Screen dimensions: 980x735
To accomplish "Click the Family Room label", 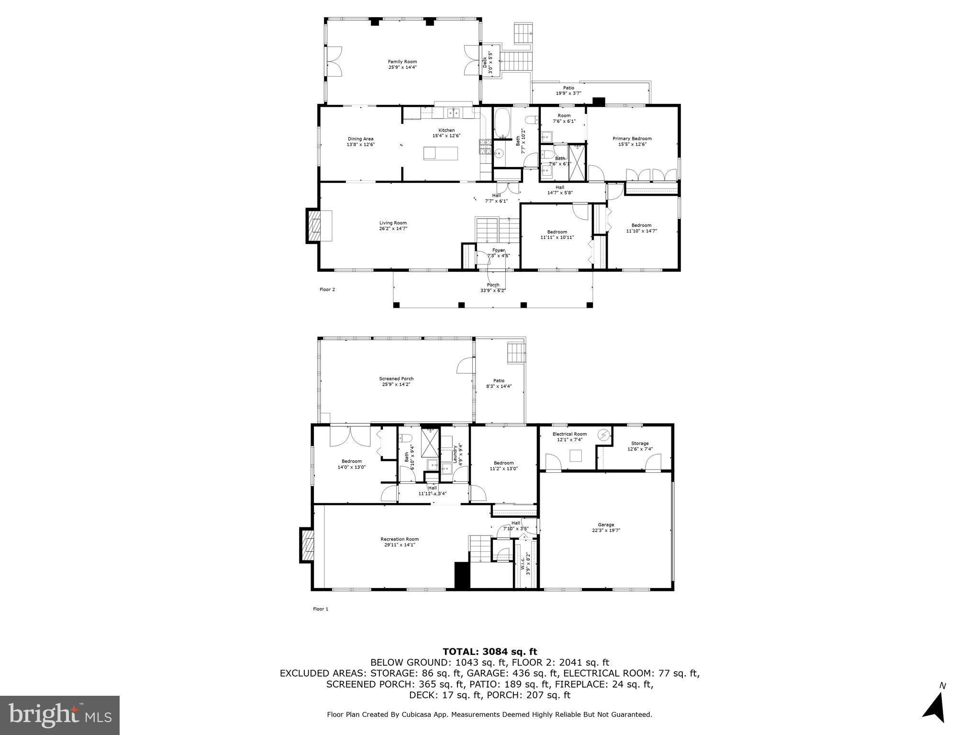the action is click(x=402, y=62).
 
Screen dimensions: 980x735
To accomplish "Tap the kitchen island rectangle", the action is click(x=441, y=154).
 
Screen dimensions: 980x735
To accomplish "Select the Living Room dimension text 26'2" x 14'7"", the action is click(x=393, y=229).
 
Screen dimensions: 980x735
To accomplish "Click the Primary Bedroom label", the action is click(x=632, y=139).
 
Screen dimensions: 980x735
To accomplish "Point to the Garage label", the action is click(x=605, y=525).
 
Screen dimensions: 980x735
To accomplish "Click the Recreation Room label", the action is click(x=400, y=539).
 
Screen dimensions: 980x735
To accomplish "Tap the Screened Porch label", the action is click(x=396, y=379).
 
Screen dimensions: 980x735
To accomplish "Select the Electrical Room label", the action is click(x=569, y=434).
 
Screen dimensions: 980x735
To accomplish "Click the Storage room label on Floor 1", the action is click(x=640, y=444).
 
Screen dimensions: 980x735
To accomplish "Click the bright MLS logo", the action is click(x=60, y=715).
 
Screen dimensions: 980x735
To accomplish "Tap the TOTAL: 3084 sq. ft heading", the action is click(x=490, y=652).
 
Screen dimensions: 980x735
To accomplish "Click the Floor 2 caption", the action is click(x=327, y=290).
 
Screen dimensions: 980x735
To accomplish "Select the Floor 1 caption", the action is click(x=321, y=609).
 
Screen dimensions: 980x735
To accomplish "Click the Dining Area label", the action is click(x=360, y=139).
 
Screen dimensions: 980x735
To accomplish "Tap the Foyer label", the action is click(x=498, y=250).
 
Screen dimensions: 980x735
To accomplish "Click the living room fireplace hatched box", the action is click(x=315, y=226).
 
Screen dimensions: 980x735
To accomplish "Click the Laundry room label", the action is click(x=455, y=455).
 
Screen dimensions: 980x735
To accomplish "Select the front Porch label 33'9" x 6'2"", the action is click(x=493, y=288).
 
